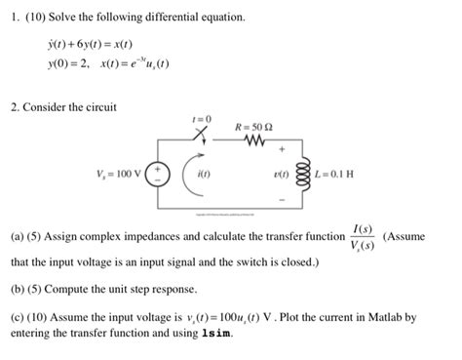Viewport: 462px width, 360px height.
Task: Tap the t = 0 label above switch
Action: pos(202,118)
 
